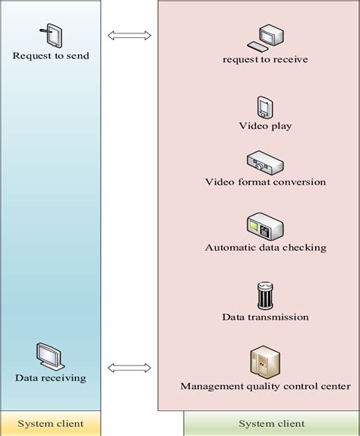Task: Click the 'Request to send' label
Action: point(51,55)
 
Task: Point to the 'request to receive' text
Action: point(265,59)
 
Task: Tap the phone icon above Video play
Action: point(265,107)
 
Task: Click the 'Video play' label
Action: point(265,125)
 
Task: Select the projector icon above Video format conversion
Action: point(265,162)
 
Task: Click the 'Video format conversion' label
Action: point(265,182)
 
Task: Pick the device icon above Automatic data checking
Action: point(265,226)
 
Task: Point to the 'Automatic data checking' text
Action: point(265,248)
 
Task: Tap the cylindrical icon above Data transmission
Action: point(265,295)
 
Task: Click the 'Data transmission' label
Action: point(265,317)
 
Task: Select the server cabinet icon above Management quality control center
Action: point(265,362)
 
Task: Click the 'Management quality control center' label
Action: point(265,386)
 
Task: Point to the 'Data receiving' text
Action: point(51,378)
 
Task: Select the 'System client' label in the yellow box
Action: point(51,423)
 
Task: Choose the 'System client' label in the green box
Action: point(271,423)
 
